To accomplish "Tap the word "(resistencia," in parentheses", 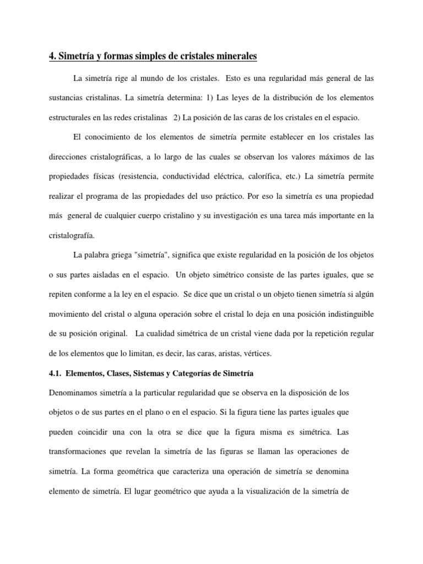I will click(134, 176).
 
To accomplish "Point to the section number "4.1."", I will click(56, 373).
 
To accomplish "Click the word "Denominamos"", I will click(74, 393).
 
